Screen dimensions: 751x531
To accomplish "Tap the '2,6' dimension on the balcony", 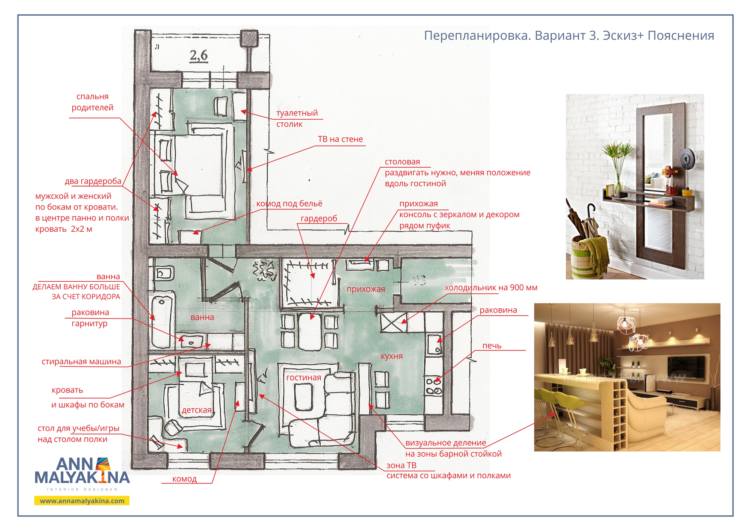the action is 199,56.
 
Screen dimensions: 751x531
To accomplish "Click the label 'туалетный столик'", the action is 297,118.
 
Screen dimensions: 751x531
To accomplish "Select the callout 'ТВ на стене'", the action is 340,139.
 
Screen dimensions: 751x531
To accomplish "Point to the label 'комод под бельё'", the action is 289,204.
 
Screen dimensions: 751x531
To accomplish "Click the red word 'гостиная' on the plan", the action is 304,378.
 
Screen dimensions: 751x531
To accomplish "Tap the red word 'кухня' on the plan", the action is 392,356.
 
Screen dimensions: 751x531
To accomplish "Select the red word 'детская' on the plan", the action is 197,410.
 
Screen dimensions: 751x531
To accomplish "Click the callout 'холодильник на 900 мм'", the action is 491,288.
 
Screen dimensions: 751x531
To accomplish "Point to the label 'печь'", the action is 492,346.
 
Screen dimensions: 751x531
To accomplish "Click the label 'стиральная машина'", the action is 81,362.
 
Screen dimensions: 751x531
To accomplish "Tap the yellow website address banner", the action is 82,501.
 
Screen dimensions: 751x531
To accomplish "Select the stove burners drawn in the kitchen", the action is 434,386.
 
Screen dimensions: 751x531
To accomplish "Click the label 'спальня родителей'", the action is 92,102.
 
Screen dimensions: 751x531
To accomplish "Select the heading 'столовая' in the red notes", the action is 402,162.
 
